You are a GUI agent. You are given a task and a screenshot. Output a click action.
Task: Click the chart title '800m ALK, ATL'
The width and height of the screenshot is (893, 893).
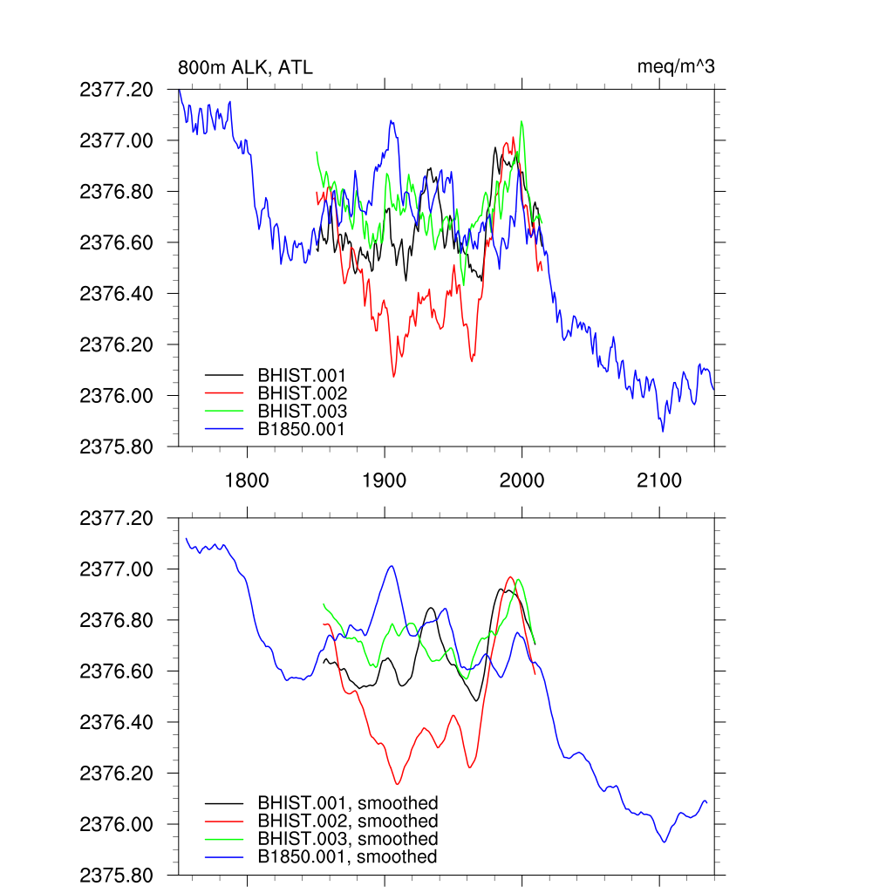[x=245, y=68]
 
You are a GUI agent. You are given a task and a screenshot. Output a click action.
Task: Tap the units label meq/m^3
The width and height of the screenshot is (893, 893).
[x=677, y=67]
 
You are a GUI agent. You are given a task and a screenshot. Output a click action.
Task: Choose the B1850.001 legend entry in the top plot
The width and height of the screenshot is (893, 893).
[x=301, y=430]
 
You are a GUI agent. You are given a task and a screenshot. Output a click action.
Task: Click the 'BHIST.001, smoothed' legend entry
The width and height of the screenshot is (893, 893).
[x=347, y=803]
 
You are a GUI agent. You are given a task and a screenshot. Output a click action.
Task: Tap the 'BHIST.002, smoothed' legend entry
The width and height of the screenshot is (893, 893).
[x=347, y=821]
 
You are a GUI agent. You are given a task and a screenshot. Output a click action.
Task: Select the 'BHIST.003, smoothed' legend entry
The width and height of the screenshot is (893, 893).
[x=347, y=839]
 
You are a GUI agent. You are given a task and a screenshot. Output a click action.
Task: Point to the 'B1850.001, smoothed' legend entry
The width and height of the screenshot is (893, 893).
[x=346, y=857]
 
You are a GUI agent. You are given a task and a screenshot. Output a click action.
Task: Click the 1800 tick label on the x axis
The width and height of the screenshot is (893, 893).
[x=247, y=481]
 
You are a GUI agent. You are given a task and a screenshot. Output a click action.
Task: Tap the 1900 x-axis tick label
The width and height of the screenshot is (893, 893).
[x=385, y=481]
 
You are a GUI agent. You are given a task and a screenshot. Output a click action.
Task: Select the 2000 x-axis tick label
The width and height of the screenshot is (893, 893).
[x=521, y=481]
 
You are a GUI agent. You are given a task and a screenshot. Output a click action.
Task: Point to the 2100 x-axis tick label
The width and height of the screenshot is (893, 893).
[x=659, y=481]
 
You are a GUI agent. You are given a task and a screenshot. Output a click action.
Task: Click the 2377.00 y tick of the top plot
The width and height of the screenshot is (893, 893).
[x=116, y=140]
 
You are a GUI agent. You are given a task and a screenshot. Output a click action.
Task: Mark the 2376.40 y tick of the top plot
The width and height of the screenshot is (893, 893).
[x=116, y=294]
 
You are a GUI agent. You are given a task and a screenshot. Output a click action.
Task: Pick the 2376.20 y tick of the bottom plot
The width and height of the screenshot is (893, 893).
[x=116, y=774]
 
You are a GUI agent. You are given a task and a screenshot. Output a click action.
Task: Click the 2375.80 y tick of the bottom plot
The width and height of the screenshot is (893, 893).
[x=116, y=876]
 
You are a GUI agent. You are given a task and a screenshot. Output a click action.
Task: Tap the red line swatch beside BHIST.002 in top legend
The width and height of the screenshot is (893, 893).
[x=223, y=394]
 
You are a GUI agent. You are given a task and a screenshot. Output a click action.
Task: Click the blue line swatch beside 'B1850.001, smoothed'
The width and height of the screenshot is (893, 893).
[x=223, y=857]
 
